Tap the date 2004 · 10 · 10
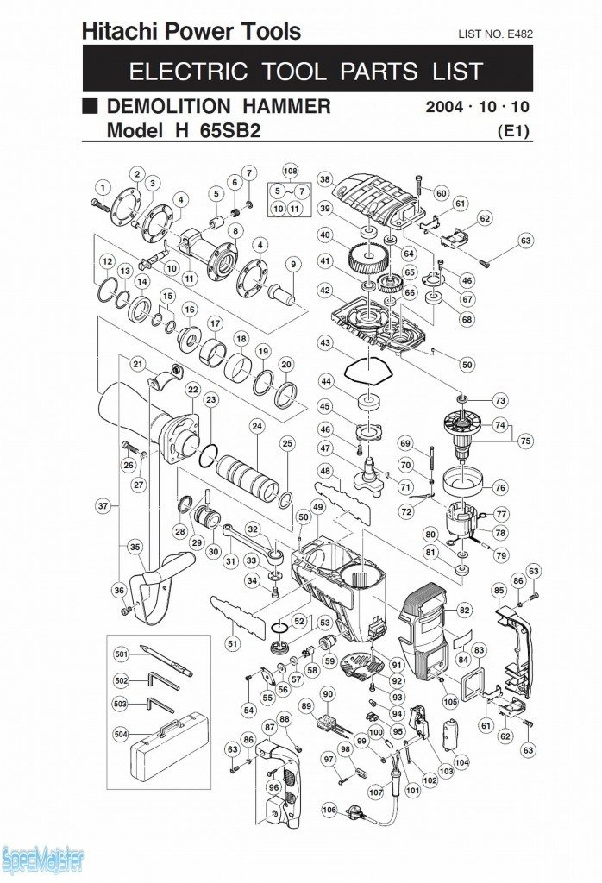[477, 108]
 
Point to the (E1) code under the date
[513, 132]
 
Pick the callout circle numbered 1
[103, 186]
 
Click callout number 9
[293, 264]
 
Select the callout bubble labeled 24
[257, 426]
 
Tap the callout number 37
[103, 506]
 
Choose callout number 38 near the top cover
[324, 180]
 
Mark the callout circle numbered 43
[324, 343]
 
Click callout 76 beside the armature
[500, 487]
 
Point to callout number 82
[464, 610]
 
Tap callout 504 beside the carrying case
[120, 735]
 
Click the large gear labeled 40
[369, 256]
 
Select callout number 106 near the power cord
[329, 810]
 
